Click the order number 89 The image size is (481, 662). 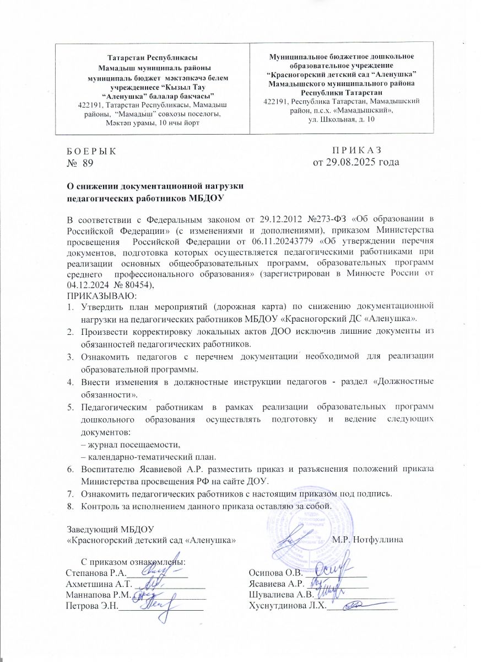pyautogui.click(x=88, y=162)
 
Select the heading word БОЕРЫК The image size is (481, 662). pyautogui.click(x=91, y=151)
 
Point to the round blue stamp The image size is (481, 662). pyautogui.click(x=300, y=530)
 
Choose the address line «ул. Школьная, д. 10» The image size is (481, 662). pyautogui.click(x=342, y=120)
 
